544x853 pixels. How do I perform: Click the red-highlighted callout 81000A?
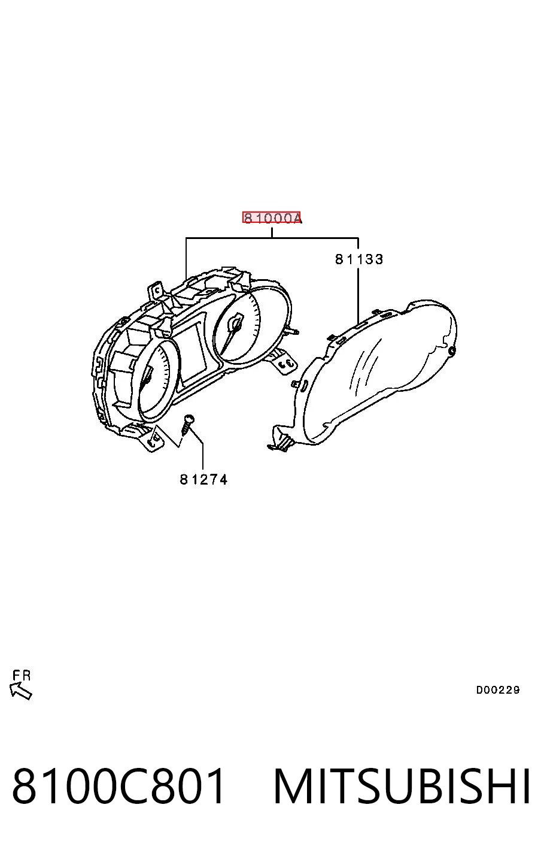pos(271,218)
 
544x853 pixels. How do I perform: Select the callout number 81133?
pos(358,259)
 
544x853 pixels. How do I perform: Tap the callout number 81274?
pos(203,479)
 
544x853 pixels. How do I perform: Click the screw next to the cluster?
pos(187,425)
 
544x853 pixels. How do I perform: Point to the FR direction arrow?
pos(21,691)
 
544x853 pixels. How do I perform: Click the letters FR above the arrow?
pos(22,675)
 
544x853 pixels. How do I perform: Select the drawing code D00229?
pos(497,689)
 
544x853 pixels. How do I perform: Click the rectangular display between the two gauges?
pos(194,352)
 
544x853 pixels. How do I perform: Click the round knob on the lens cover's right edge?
pos(452,350)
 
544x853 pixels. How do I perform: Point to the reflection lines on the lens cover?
pos(364,363)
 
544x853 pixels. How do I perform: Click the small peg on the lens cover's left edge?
pos(295,383)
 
